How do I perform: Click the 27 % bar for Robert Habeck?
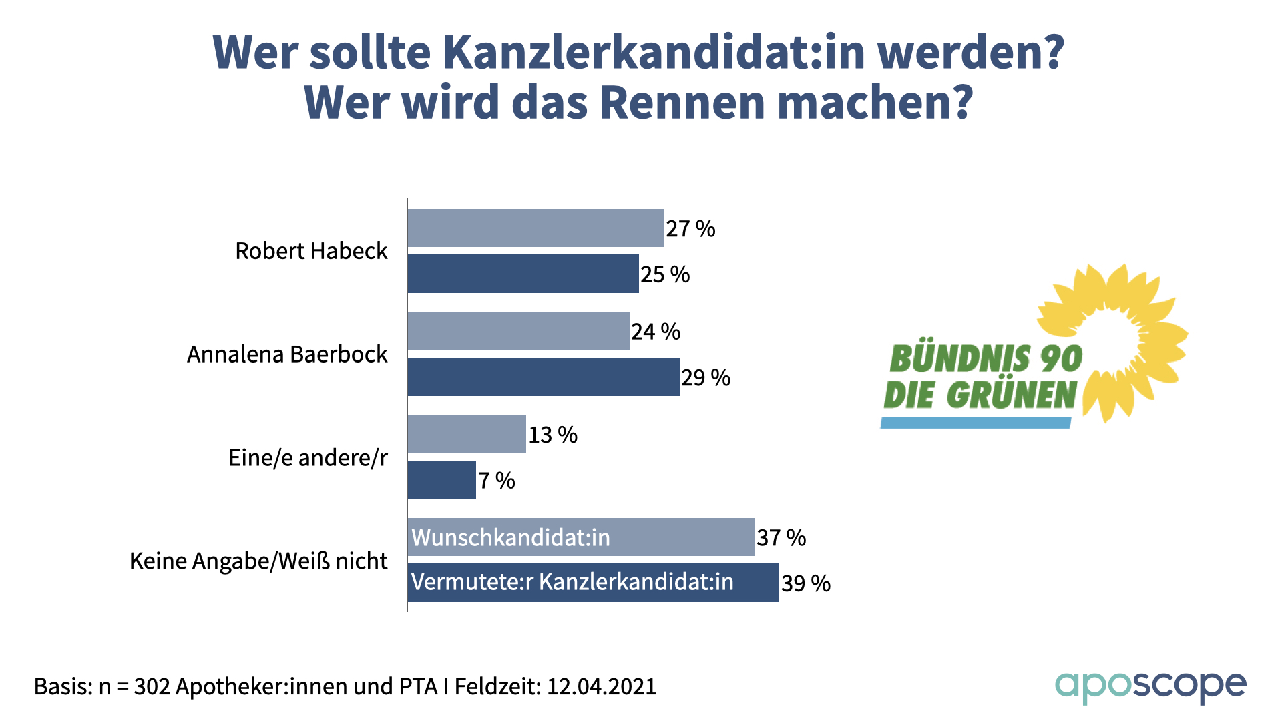pos(536,228)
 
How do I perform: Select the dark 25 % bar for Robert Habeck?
pos(523,274)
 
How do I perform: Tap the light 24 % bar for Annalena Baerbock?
pos(518,330)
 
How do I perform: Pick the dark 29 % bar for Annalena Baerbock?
pos(543,377)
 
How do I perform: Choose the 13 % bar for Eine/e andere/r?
pos(467,434)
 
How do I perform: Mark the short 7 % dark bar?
pos(441,479)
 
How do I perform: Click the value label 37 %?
pos(781,537)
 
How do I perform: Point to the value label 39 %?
pos(806,583)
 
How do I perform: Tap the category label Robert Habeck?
pos(311,251)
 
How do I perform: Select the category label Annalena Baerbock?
pos(287,354)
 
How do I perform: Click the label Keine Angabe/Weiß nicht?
pos(258,561)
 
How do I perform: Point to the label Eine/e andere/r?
pos(308,458)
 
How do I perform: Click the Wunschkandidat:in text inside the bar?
pos(511,537)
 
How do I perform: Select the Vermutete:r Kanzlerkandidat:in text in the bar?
pos(572,582)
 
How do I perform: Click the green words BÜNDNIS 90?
pos(986,358)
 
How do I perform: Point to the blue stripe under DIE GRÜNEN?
pos(976,423)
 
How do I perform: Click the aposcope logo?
pos(1150,686)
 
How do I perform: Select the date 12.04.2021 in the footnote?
pos(602,686)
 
